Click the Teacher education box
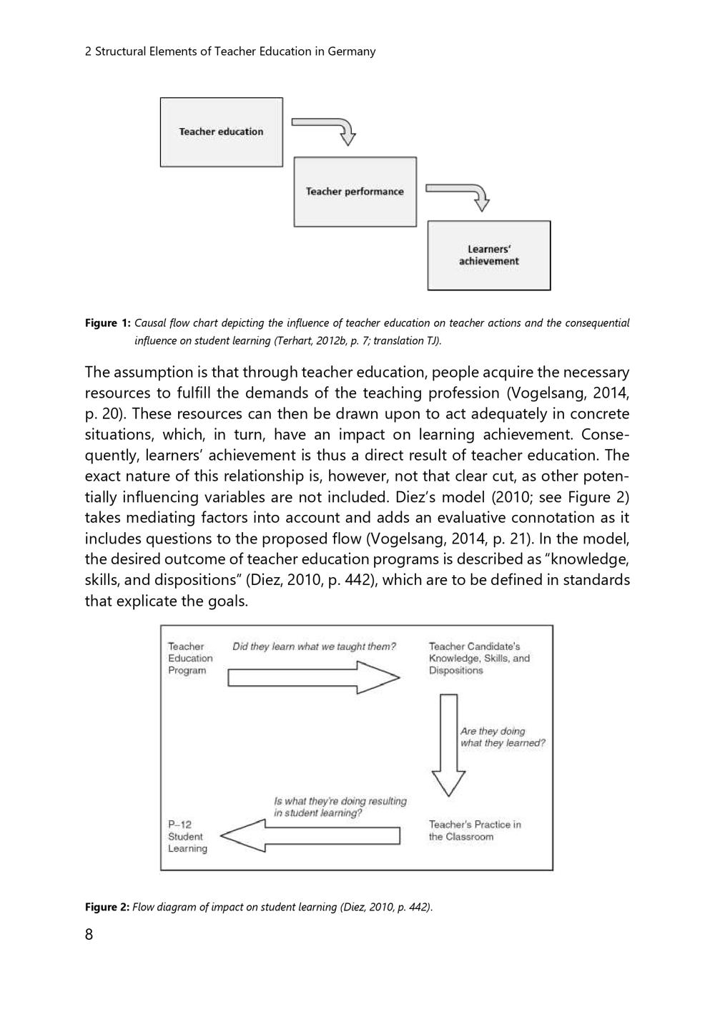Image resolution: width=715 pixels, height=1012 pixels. coord(221,132)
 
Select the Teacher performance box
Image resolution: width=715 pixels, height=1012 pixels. coord(355,192)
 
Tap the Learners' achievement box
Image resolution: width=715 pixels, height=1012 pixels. coord(489,255)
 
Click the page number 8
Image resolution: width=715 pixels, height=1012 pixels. coord(89,935)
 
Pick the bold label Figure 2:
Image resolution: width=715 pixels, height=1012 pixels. coord(107,907)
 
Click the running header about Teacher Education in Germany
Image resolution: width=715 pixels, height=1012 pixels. coord(230,51)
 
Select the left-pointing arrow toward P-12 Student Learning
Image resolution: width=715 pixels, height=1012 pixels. coord(311,835)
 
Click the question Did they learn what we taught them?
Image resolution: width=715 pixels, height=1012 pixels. coord(314,647)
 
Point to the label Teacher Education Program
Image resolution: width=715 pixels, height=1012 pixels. coord(190,659)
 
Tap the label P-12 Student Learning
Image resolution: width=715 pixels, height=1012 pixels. coord(187,836)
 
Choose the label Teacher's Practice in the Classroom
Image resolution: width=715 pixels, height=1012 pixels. coord(475,830)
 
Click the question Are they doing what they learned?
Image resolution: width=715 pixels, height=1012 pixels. coord(503,737)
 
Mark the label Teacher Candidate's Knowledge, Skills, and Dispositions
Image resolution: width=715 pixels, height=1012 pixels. coord(479,659)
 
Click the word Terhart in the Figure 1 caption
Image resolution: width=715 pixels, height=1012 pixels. coord(293,340)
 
